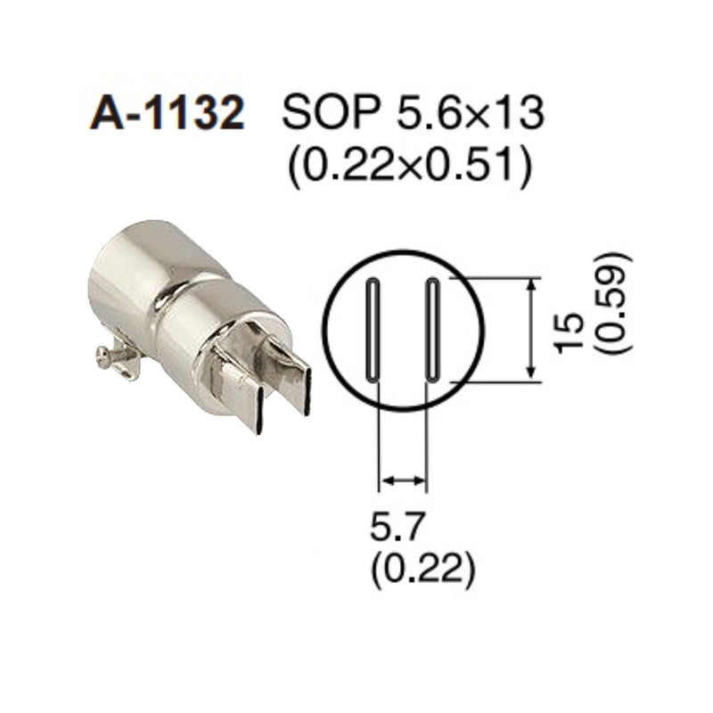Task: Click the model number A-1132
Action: point(167,115)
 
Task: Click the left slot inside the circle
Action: point(373,330)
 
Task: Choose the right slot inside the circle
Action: point(432,330)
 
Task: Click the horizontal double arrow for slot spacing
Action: point(403,481)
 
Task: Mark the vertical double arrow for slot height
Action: point(533,330)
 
